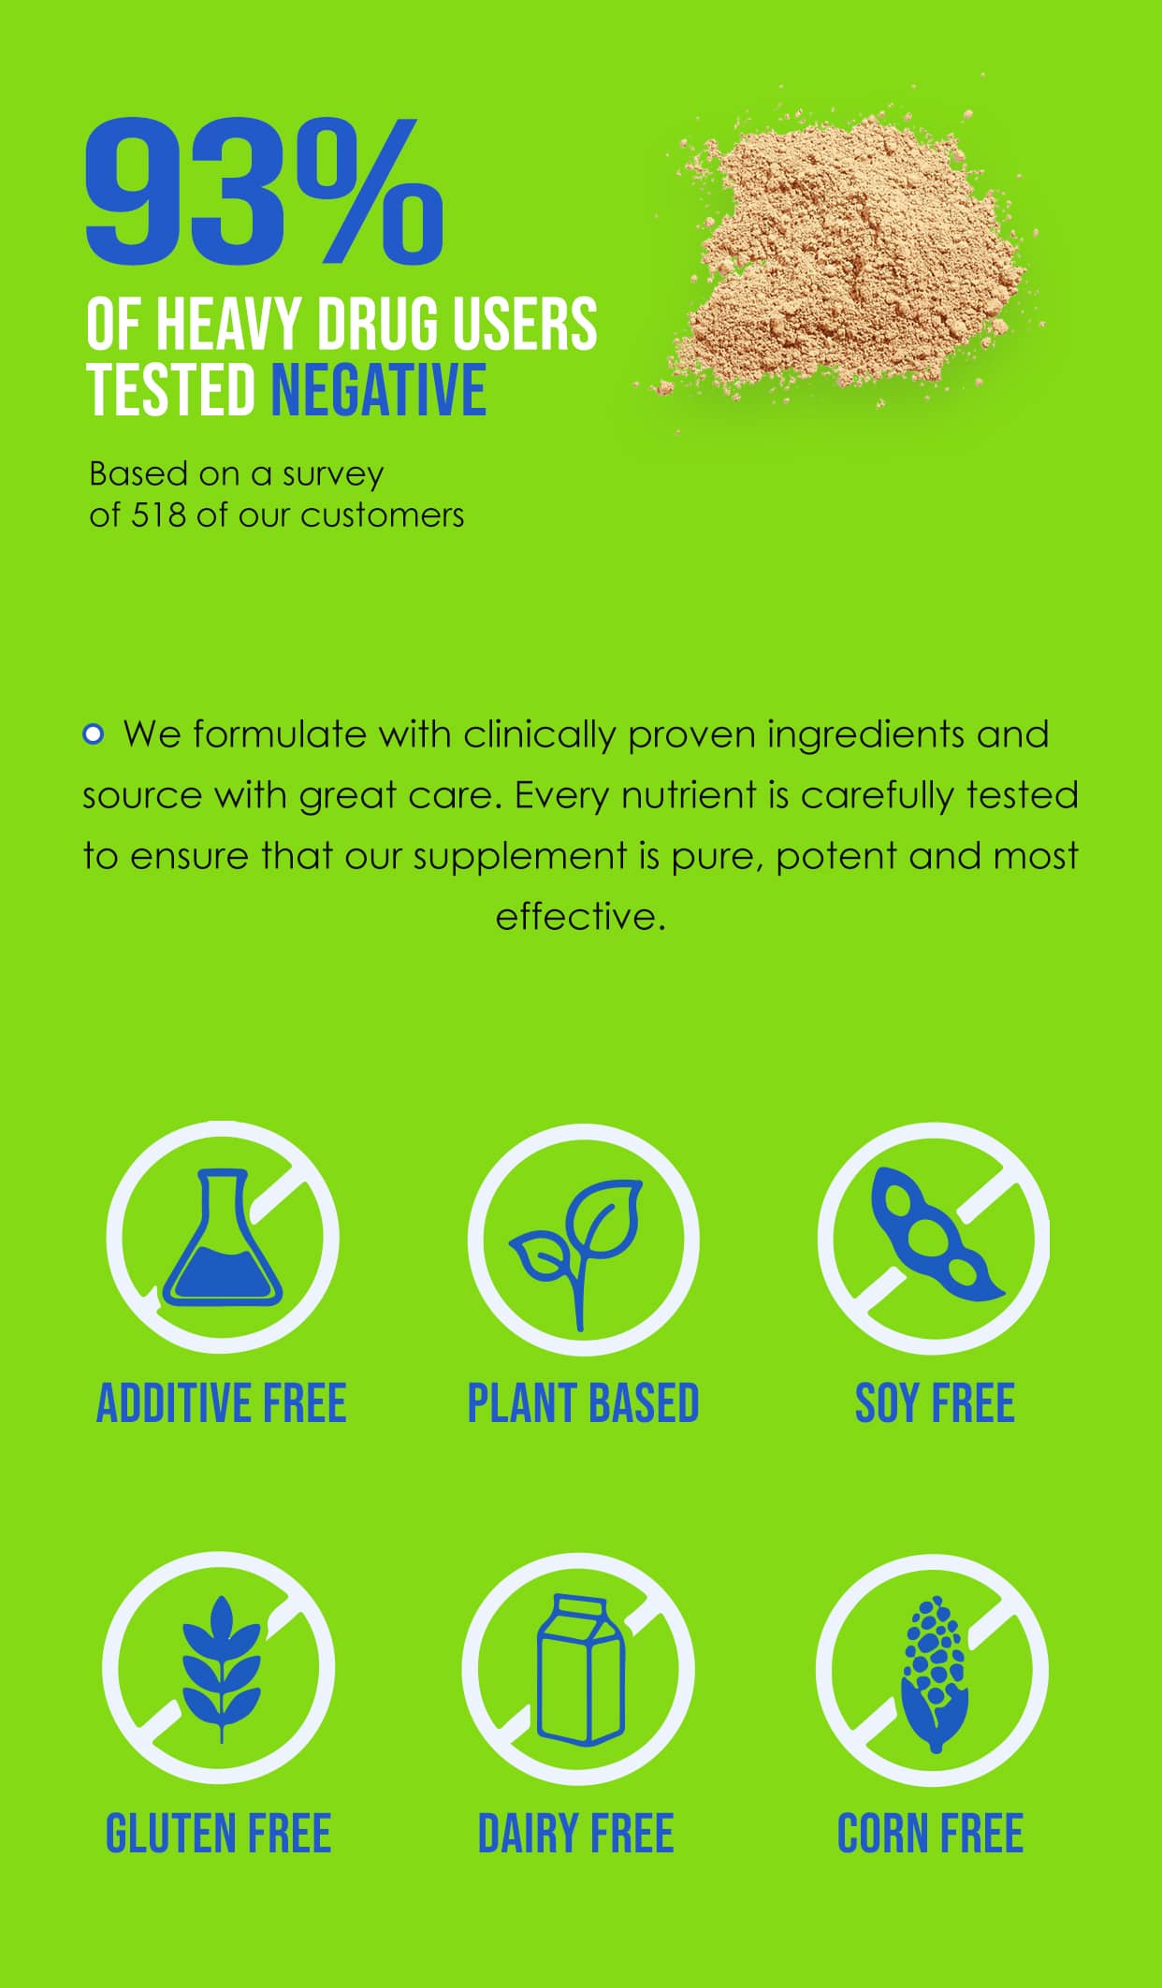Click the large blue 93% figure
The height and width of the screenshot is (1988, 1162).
pos(265,191)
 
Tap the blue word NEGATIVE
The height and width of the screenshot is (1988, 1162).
pos(379,390)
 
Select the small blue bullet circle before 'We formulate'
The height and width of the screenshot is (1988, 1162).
pos(93,734)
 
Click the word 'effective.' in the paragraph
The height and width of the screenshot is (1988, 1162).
pos(580,916)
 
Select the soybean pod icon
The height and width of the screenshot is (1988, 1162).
pos(936,1235)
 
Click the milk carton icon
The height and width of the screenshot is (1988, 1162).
pos(580,1670)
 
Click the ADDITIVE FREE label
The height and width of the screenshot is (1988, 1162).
pos(222,1403)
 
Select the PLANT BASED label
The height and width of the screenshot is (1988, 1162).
pos(583,1403)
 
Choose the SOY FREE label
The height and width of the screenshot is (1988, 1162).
pos(935,1403)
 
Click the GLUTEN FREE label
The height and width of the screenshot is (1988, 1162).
pos(218,1833)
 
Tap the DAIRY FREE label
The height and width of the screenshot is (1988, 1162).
pos(575,1833)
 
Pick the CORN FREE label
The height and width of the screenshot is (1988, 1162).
pos(930,1833)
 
